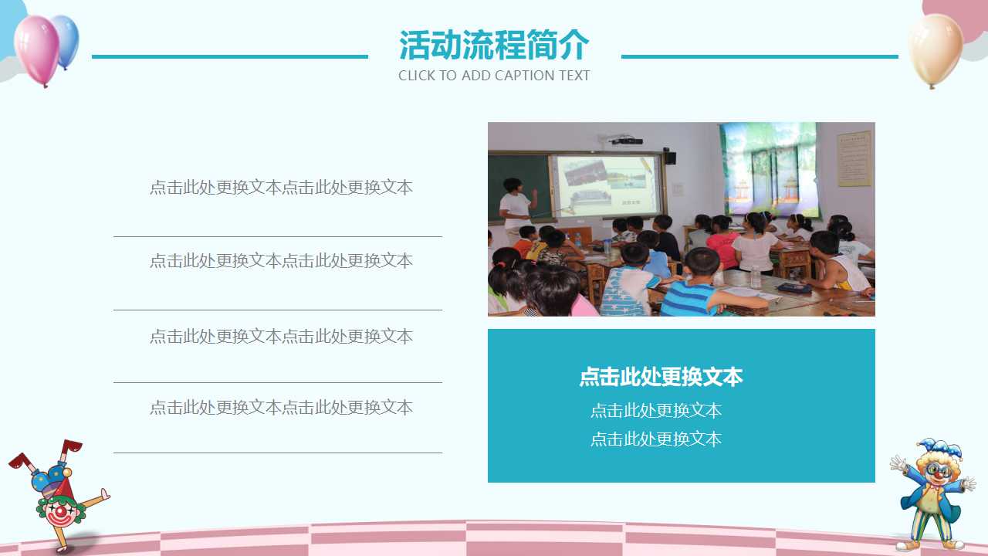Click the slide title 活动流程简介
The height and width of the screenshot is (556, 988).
point(494,45)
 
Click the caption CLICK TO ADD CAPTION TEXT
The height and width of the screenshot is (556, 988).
point(494,76)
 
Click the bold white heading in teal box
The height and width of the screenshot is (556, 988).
point(661,377)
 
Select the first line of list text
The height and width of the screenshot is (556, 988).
point(281,188)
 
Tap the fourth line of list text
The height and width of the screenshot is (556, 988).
point(281,408)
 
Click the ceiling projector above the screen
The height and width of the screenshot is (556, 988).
point(627,141)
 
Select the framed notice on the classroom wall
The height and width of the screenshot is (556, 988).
point(854,158)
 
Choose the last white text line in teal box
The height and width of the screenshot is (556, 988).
point(656,439)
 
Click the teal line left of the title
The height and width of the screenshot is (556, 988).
point(230,56)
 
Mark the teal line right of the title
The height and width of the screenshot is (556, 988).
point(760,56)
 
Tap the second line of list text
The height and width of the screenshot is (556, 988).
point(281,261)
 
